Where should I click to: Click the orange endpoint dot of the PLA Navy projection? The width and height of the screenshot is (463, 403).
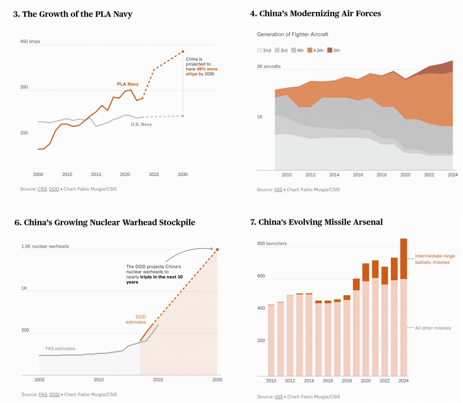coord(183,51)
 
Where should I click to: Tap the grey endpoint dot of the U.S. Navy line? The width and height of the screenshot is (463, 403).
coord(183,116)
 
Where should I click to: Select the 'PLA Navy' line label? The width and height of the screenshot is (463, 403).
coord(128,84)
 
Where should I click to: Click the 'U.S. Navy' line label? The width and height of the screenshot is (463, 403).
coord(141,124)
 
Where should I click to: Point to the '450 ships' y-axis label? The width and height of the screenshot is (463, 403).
coord(30,41)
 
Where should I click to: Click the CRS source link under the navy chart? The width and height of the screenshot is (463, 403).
coord(42,189)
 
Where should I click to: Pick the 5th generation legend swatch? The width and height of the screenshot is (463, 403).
coord(330,50)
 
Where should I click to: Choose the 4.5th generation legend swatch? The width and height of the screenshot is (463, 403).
coord(310,50)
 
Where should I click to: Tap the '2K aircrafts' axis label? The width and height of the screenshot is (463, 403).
coord(269,66)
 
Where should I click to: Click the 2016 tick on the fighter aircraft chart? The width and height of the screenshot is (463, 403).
coord(358,175)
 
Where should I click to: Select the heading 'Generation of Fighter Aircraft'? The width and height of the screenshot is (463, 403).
coord(292,34)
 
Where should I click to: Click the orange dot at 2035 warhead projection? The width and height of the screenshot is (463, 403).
coord(217,250)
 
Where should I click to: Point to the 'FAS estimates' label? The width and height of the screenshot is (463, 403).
coord(60,348)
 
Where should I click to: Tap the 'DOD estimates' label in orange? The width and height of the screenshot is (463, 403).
coord(136,319)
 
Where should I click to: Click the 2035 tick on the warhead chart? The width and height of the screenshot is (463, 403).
coord(217,379)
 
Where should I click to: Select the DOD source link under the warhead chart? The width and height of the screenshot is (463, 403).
coord(54,394)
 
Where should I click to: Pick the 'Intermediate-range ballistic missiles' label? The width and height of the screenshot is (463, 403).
coord(435,259)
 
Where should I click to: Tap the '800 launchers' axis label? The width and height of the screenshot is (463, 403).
coord(272,243)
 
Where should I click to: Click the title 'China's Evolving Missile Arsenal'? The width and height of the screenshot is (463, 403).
coord(316,222)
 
